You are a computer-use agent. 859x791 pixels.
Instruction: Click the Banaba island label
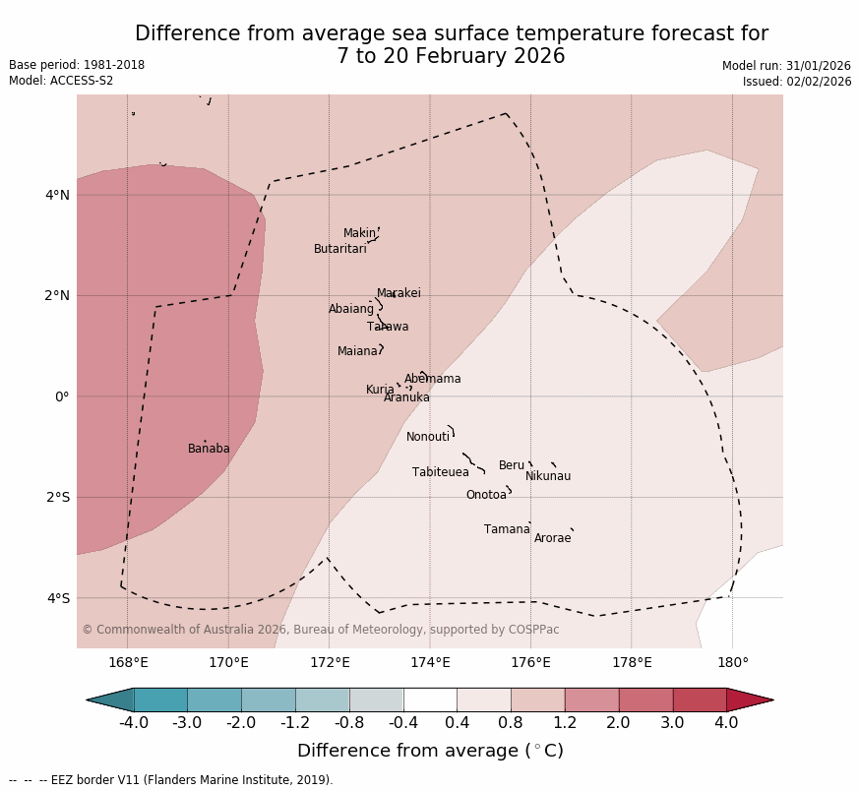click(x=209, y=449)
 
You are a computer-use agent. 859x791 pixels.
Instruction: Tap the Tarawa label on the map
click(x=388, y=327)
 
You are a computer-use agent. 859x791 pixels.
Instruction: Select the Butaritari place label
click(x=340, y=249)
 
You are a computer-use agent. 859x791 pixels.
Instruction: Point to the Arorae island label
click(x=552, y=538)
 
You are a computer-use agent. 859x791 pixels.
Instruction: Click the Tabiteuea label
click(x=441, y=472)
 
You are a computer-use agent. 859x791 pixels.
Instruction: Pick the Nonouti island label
click(x=428, y=437)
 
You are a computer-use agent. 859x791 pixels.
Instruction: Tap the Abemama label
click(x=432, y=379)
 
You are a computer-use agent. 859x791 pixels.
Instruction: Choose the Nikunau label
click(x=548, y=476)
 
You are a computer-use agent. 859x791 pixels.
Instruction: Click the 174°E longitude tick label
click(x=430, y=662)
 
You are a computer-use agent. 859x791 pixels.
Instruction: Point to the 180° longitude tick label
click(x=732, y=662)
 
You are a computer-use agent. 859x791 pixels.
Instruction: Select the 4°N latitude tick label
click(x=57, y=195)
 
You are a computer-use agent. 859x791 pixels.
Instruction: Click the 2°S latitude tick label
click(x=57, y=497)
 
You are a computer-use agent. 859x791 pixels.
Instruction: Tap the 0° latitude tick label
click(x=61, y=396)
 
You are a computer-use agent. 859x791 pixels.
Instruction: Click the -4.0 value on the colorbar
click(x=134, y=723)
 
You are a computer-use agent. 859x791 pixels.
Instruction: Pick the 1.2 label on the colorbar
click(x=565, y=723)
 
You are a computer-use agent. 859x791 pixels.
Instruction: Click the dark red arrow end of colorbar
click(x=750, y=700)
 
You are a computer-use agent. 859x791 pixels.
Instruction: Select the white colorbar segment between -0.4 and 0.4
click(x=430, y=700)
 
